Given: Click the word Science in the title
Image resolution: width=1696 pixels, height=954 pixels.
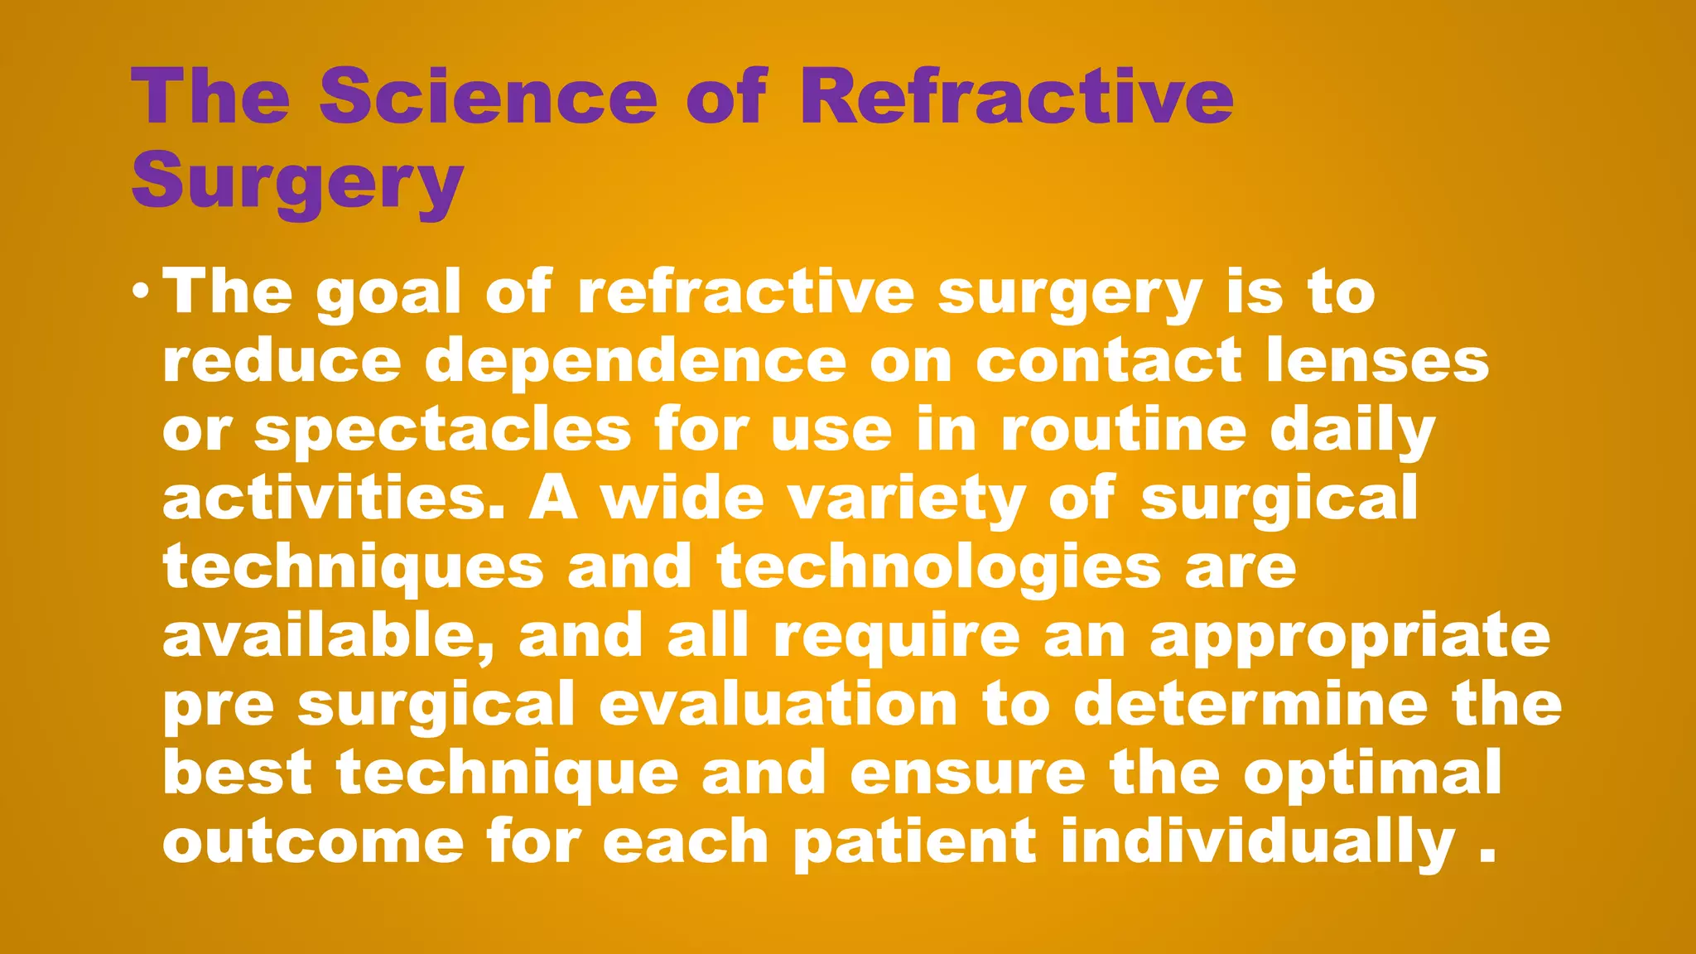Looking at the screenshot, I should (489, 98).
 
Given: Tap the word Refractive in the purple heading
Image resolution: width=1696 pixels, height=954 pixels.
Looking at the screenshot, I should (1016, 98).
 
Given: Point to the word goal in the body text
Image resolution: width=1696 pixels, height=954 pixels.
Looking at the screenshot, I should (388, 293).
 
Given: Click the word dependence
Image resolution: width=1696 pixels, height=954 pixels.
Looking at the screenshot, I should (635, 363).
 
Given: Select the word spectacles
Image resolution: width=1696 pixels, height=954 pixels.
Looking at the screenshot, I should (442, 431).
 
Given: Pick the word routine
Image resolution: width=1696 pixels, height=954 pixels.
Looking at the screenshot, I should (1123, 430).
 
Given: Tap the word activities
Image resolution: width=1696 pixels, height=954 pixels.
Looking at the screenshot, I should (333, 499).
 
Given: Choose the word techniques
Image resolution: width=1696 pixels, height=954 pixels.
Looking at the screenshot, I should (354, 569).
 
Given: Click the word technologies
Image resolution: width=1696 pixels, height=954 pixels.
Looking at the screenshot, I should (939, 569).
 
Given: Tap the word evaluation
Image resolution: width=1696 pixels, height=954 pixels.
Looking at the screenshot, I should (778, 705).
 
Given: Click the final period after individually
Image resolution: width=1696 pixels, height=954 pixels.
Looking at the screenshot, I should (1486, 857).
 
